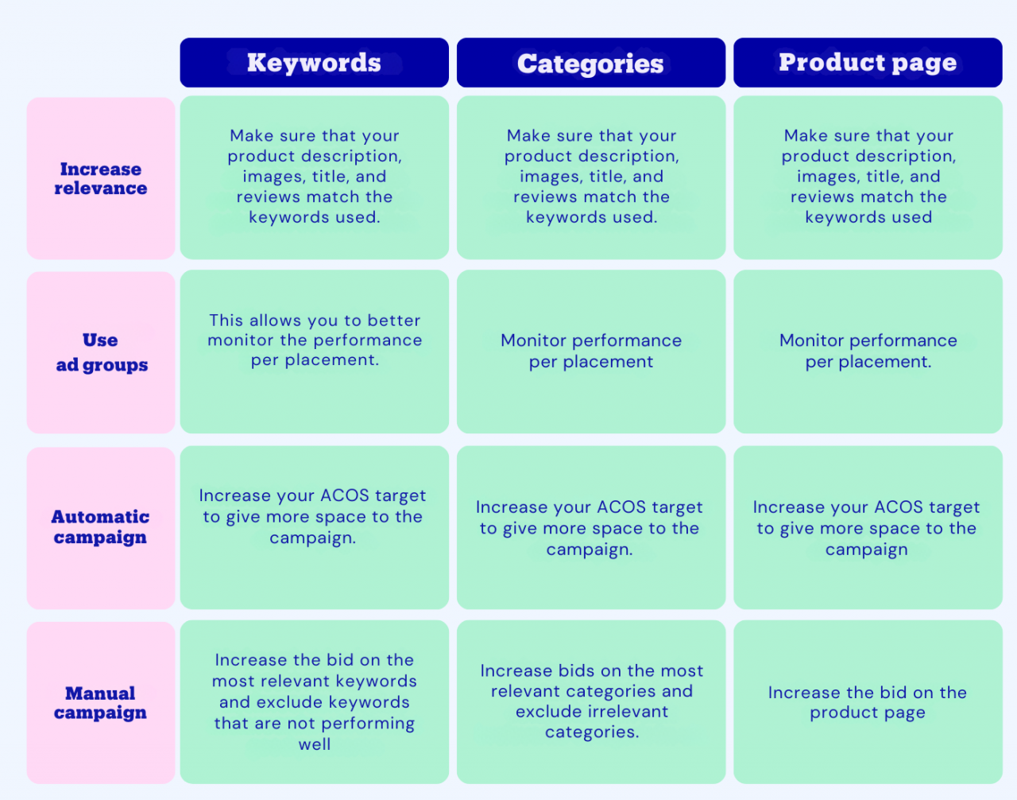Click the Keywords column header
point(314,62)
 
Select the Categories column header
point(591,62)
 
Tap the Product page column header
point(868,62)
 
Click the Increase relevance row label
point(101,178)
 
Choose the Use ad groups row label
point(101,352)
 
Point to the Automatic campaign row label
point(101,527)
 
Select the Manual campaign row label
point(101,702)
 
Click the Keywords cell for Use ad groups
point(314,351)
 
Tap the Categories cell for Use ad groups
point(591,351)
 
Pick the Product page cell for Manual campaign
point(868,701)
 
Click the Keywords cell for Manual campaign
point(314,701)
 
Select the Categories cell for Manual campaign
point(591,701)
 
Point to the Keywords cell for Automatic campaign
point(314,527)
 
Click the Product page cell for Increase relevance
point(868,177)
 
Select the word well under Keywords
point(315,744)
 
